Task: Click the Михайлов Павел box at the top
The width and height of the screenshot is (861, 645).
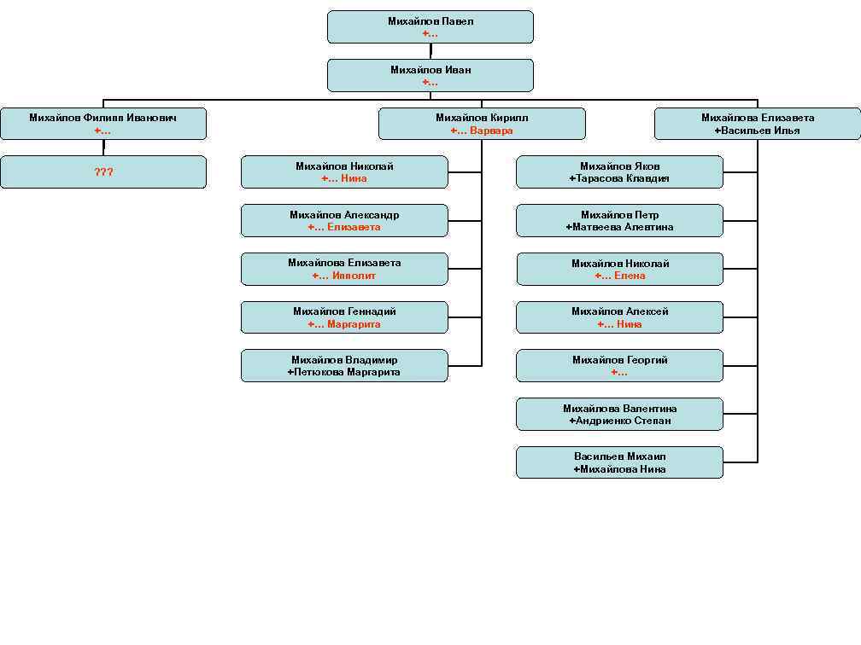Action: click(x=430, y=26)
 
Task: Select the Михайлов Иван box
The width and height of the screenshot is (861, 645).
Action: click(x=430, y=75)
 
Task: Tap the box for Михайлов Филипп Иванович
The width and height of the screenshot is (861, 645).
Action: click(x=103, y=124)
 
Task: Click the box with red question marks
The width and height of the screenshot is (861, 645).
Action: click(x=103, y=172)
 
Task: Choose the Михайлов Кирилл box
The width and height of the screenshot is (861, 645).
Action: click(x=482, y=124)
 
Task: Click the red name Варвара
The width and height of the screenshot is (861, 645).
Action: click(x=491, y=131)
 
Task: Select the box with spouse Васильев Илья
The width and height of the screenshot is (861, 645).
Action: click(x=758, y=124)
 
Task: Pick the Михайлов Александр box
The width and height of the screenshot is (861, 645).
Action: click(x=344, y=221)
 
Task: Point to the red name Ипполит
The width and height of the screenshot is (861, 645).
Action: click(x=354, y=276)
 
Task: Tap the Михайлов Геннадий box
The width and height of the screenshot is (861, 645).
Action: click(x=344, y=317)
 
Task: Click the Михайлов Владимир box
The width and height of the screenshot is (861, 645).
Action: click(x=344, y=366)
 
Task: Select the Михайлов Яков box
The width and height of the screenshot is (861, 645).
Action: click(x=619, y=172)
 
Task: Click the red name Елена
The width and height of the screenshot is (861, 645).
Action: click(x=630, y=276)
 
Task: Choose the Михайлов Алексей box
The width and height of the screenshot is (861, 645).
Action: click(x=619, y=317)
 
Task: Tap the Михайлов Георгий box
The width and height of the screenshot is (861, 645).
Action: click(x=619, y=366)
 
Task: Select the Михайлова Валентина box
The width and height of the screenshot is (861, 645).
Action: click(x=619, y=415)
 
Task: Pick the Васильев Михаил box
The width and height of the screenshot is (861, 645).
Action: click(x=619, y=462)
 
